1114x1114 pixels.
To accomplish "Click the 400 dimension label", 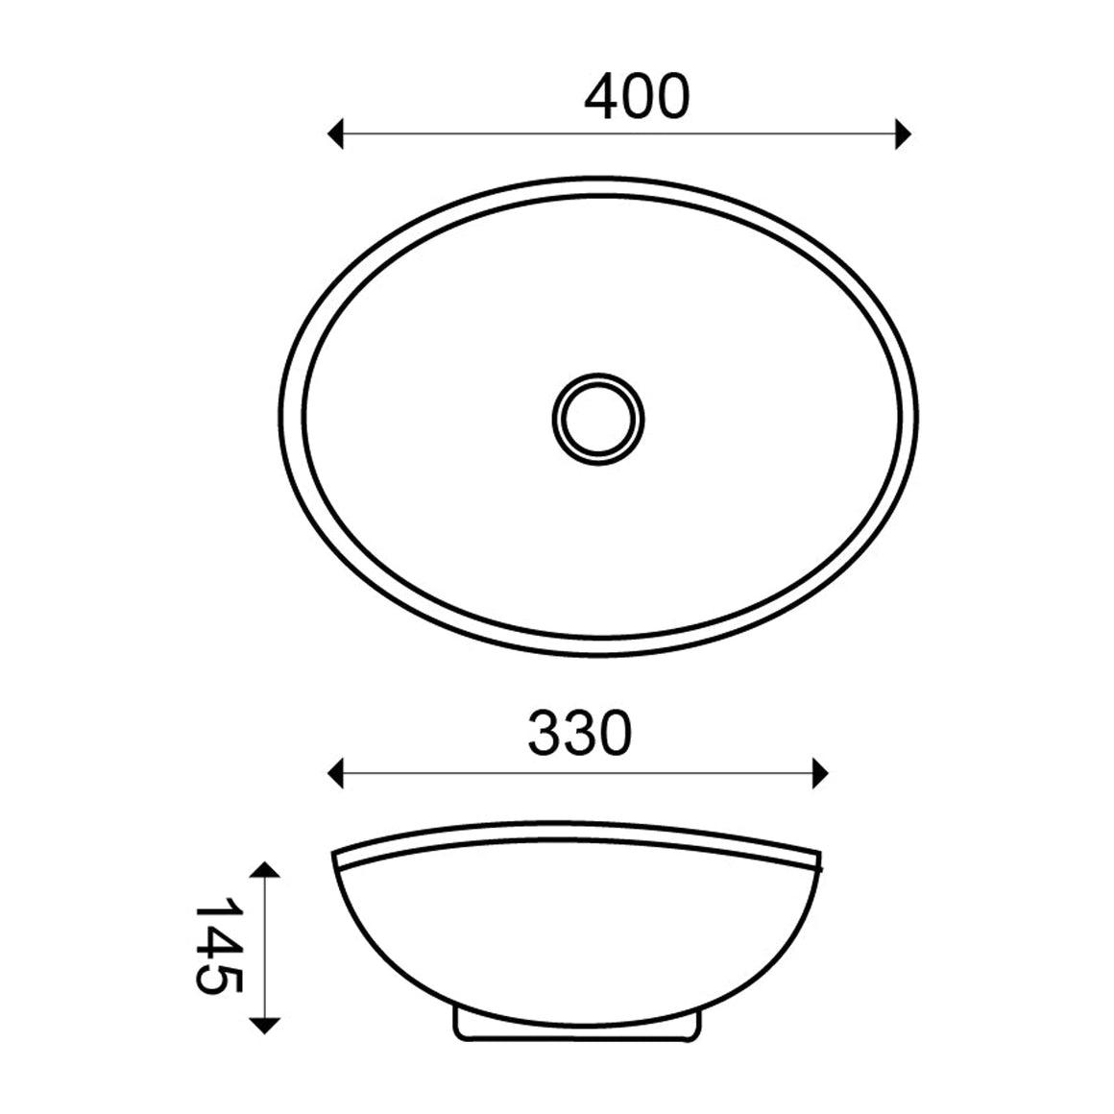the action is coord(637,96).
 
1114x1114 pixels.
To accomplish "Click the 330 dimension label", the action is coord(580,733).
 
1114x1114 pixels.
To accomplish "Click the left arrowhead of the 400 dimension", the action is coord(335,133).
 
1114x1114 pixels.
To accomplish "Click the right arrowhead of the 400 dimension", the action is coord(903,133).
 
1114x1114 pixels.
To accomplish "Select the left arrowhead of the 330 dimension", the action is coord(335,773).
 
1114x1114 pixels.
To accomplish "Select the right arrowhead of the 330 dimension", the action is coord(820,773).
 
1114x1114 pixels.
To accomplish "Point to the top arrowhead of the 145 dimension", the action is coord(265,870).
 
